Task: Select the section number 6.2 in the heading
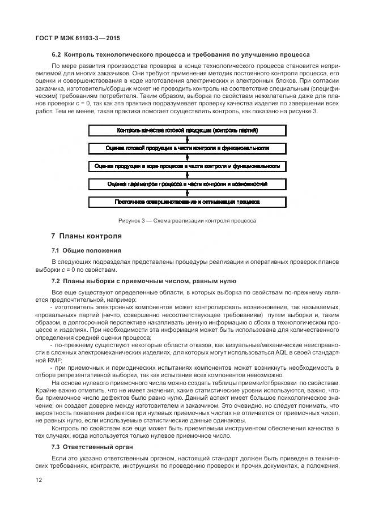point(57,55)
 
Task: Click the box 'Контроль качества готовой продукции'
point(187,131)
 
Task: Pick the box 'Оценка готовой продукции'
point(187,148)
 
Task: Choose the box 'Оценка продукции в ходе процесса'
point(187,166)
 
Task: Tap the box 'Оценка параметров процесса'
point(187,185)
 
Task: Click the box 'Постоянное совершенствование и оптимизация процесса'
point(187,202)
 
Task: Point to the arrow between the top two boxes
point(187,139)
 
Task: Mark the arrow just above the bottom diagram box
point(187,193)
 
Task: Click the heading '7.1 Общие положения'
point(86,250)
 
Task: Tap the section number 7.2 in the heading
point(57,281)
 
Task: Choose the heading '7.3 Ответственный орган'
point(90,447)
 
